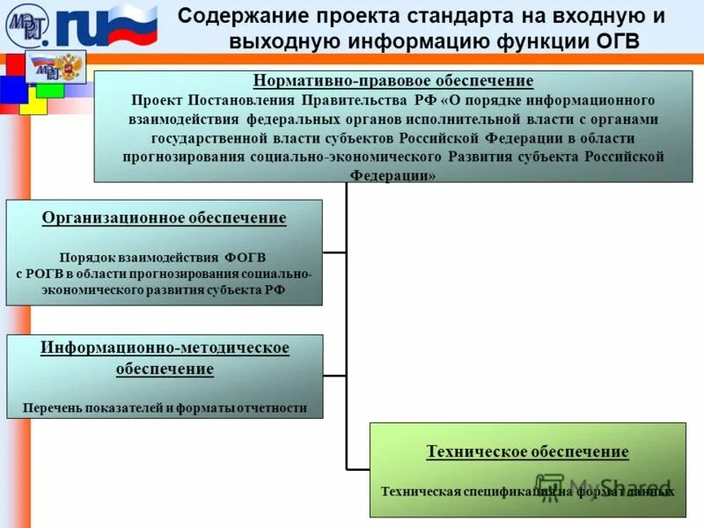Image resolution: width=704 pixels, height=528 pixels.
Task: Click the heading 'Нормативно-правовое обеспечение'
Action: click(x=393, y=81)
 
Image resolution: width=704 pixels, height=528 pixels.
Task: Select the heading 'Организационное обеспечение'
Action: click(x=165, y=217)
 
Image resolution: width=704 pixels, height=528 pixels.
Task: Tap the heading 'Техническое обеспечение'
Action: click(x=527, y=451)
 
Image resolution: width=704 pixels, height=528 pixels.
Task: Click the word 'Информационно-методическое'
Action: click(x=165, y=348)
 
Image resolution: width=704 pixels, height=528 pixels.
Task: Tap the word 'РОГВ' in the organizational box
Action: click(x=45, y=274)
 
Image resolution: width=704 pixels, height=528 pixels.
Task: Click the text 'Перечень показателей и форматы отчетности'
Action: click(x=165, y=407)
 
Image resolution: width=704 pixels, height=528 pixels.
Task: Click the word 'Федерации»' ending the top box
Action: click(x=392, y=176)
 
